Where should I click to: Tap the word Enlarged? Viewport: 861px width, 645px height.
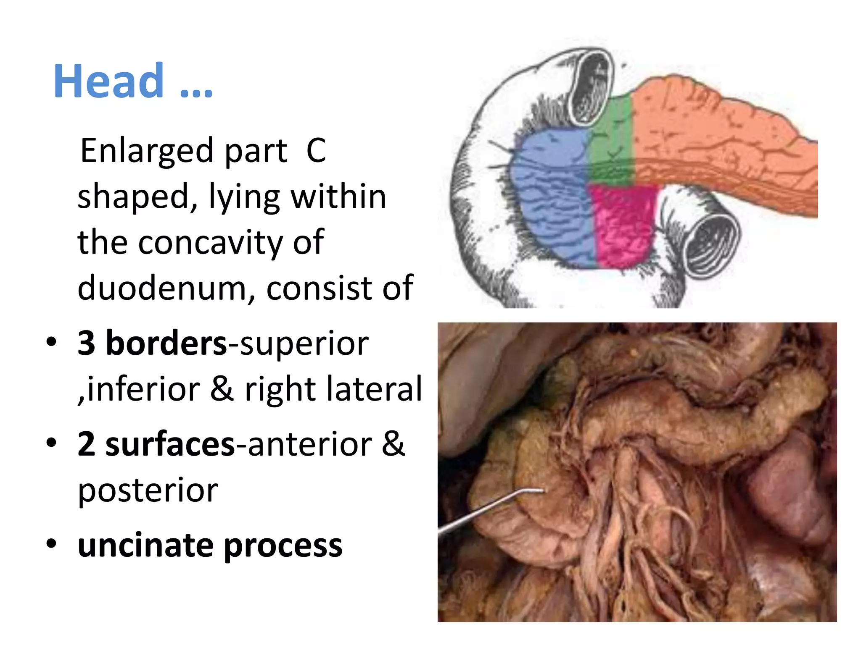pos(147,151)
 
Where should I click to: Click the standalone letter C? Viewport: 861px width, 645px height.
pos(316,151)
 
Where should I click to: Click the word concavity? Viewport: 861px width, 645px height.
pos(210,242)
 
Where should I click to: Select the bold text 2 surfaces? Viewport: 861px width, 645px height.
pos(156,444)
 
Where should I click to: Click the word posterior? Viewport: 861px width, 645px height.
pos(148,490)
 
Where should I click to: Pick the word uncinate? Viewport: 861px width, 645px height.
pos(145,545)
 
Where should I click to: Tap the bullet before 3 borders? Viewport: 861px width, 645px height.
pos(51,342)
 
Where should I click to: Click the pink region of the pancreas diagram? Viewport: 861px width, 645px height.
pos(622,227)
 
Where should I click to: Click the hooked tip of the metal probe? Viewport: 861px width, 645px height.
pos(543,490)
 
